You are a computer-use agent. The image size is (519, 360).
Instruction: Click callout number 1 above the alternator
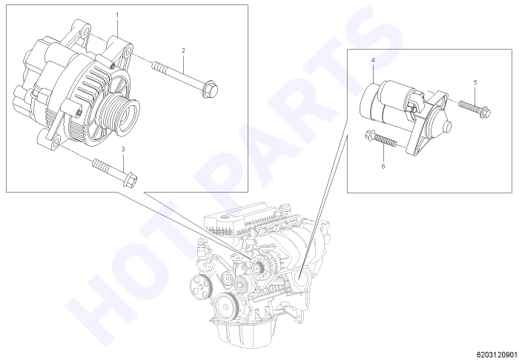pyautogui.click(x=117, y=15)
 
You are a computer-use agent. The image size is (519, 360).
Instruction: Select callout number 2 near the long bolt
pyautogui.click(x=183, y=50)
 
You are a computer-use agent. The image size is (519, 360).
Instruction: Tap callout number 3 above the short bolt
pyautogui.click(x=123, y=150)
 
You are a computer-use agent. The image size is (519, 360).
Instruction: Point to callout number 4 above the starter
pyautogui.click(x=373, y=60)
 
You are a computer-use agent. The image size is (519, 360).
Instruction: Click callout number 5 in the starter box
pyautogui.click(x=475, y=83)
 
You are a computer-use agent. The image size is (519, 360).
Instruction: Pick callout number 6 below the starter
pyautogui.click(x=383, y=166)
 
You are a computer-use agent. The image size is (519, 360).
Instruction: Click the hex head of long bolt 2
pyautogui.click(x=210, y=89)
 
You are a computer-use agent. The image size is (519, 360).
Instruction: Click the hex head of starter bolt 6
pyautogui.click(x=370, y=135)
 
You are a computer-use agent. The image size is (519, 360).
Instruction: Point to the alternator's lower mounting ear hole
pyautogui.click(x=56, y=142)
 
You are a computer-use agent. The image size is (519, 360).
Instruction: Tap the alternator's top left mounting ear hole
pyautogui.click(x=87, y=32)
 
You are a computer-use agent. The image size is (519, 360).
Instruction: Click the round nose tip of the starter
pyautogui.click(x=448, y=127)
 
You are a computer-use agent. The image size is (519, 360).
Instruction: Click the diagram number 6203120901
pyautogui.click(x=497, y=355)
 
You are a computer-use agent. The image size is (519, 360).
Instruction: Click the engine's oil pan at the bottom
pyautogui.click(x=245, y=334)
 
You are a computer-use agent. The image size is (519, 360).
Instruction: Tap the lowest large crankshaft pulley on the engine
pyautogui.click(x=227, y=306)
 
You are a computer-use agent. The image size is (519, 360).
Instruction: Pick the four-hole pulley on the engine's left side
pyautogui.click(x=200, y=285)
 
